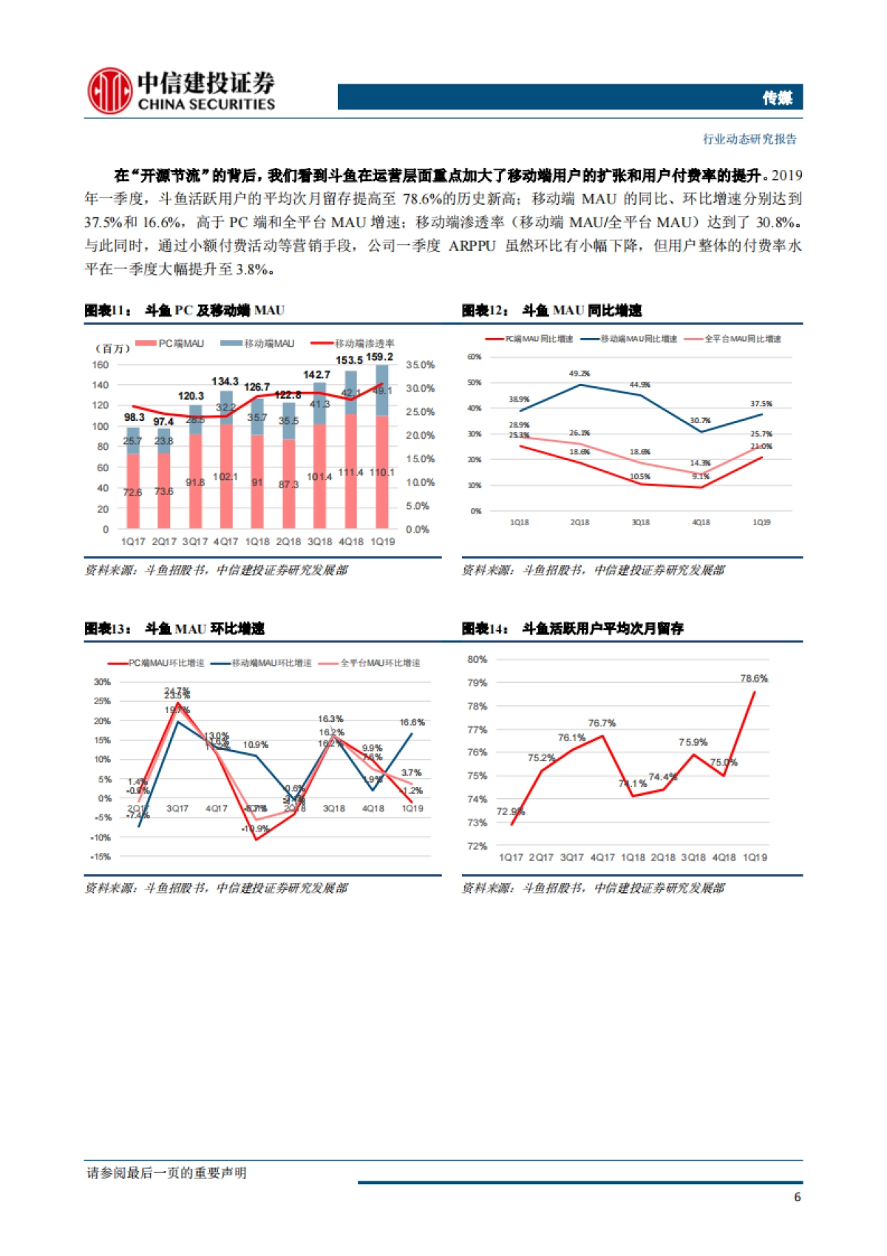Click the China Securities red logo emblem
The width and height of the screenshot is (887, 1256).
[x=109, y=91]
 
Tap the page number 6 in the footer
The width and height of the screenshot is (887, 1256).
[x=797, y=1197]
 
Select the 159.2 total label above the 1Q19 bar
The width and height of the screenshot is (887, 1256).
[x=380, y=357]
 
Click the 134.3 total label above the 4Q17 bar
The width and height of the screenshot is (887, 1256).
[x=225, y=382]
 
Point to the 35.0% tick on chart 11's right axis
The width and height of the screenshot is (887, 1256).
[x=420, y=365]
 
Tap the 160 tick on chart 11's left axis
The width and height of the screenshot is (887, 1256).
[x=101, y=365]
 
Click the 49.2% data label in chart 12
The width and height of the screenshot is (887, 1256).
[x=580, y=374]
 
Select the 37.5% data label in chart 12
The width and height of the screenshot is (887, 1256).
[x=761, y=404]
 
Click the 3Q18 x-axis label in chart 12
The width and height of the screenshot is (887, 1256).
[x=640, y=522]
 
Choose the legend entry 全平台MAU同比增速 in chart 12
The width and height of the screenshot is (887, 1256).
[x=742, y=339]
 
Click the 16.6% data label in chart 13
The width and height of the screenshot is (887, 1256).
[x=412, y=722]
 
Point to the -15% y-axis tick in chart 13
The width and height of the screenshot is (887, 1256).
[x=101, y=857]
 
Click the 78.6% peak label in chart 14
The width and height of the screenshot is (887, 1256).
[x=754, y=678]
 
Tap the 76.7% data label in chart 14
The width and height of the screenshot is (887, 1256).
[x=602, y=723]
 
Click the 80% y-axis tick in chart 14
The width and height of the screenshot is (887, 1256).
[x=477, y=659]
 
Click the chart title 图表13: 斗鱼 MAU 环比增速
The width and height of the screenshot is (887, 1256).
[x=174, y=629]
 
